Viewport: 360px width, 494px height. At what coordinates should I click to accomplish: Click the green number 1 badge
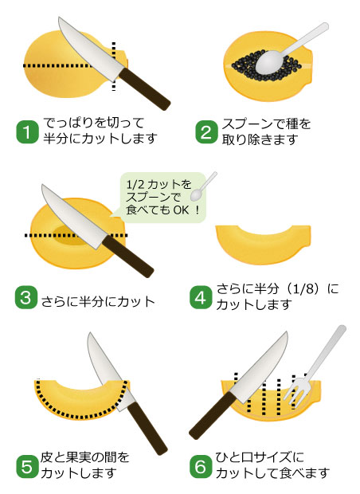tap(27, 132)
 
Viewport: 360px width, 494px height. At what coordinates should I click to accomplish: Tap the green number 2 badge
tap(206, 132)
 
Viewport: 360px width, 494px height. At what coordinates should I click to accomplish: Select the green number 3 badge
tap(26, 298)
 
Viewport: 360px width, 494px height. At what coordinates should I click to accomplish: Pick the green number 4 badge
tap(201, 297)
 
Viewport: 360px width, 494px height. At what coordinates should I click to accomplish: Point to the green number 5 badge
tap(27, 467)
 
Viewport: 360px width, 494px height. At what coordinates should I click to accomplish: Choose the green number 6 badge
tap(201, 467)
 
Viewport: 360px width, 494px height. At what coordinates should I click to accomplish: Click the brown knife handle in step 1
tap(145, 89)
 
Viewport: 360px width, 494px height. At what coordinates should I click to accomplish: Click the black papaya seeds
tap(266, 65)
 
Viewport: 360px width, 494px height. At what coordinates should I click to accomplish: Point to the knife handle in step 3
tap(128, 256)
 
